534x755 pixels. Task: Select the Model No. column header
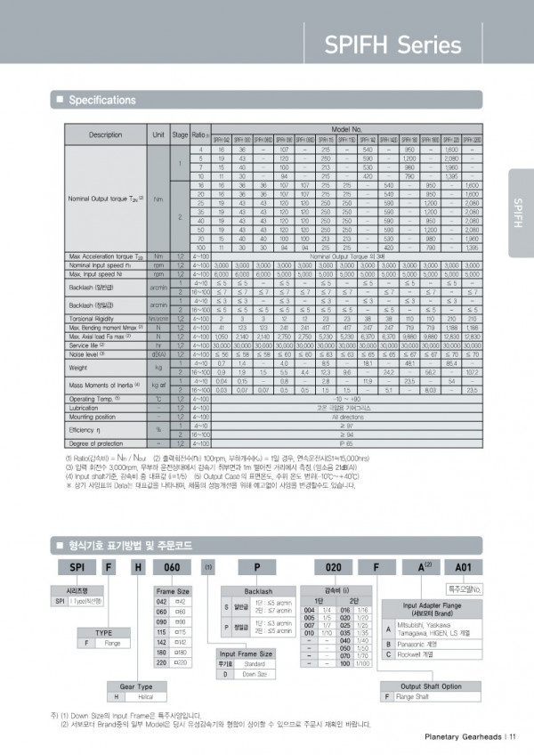[345, 129]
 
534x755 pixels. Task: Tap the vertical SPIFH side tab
[519, 214]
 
